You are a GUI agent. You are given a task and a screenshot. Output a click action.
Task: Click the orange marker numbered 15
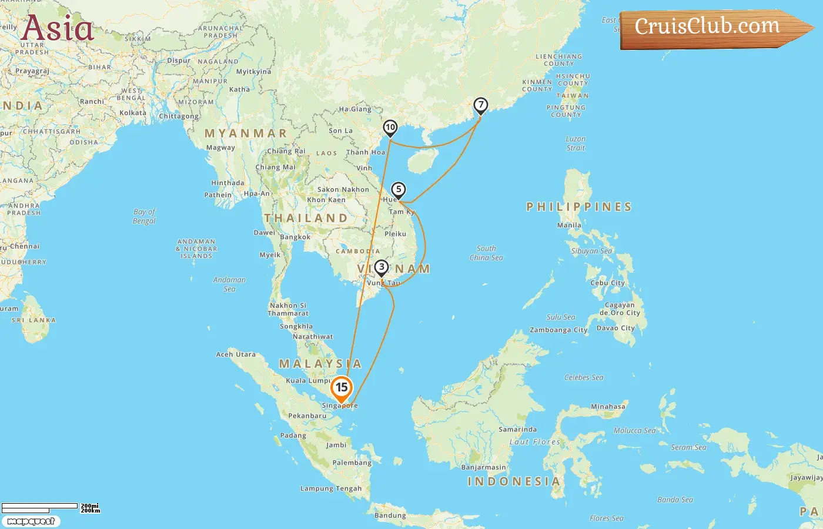[341, 388]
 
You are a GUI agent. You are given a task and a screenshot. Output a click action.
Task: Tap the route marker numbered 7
[481, 105]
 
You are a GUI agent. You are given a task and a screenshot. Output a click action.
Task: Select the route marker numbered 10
[390, 128]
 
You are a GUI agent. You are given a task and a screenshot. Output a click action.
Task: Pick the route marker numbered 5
[399, 190]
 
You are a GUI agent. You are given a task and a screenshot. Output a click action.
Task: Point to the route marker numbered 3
[382, 267]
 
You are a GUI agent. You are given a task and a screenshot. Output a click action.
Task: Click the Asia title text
[57, 28]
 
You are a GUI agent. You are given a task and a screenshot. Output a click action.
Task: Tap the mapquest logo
[31, 521]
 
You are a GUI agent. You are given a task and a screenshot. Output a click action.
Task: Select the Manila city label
[569, 225]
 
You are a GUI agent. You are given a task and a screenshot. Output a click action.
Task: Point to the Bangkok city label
[295, 237]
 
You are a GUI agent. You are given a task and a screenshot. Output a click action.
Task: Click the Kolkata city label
[133, 113]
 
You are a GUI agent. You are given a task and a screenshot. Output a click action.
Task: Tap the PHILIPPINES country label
[579, 207]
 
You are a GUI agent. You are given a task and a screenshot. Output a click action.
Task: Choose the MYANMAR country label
[246, 133]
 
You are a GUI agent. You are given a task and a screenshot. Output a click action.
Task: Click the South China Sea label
[486, 253]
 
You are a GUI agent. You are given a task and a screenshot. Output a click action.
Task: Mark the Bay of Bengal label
[144, 216]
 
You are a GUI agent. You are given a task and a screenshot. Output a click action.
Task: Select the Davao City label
[615, 328]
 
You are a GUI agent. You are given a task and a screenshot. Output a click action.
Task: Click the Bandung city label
[390, 515]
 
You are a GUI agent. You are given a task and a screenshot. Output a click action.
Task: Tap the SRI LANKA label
[34, 320]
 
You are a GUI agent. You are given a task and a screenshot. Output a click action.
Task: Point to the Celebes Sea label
[584, 377]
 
